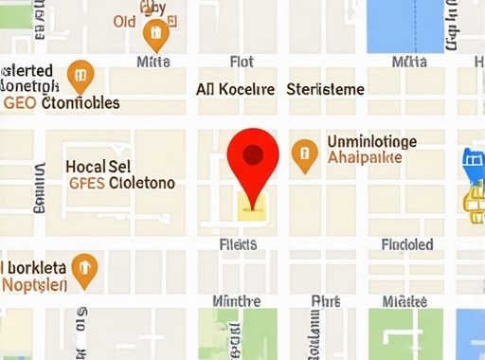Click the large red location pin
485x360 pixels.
point(254,156)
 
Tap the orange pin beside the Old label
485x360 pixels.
point(154,35)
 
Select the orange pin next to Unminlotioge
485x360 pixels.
point(303,155)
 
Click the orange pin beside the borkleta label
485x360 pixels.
point(85,268)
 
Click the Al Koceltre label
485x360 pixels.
point(235,90)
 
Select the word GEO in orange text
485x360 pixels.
point(20,102)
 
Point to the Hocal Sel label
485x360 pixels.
point(98,166)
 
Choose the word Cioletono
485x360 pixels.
point(142,183)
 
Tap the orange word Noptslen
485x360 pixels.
point(34,284)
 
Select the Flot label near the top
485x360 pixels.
point(242,63)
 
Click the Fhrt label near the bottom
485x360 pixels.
point(325,301)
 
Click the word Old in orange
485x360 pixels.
point(124,21)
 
